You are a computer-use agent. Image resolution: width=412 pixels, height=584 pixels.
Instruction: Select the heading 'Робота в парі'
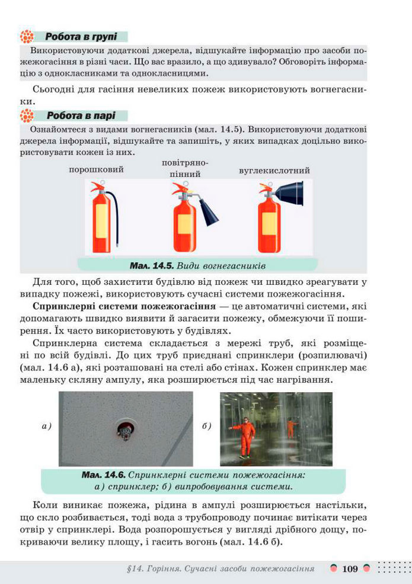pos(81,115)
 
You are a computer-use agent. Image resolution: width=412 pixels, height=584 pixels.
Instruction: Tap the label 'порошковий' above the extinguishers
pos(96,169)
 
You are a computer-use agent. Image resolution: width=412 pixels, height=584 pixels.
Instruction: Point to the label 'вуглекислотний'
pos(274,170)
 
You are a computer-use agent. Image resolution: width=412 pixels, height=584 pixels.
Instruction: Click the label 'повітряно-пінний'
pos(184,168)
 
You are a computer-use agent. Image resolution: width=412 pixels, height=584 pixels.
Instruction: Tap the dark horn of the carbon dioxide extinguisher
pos(291,194)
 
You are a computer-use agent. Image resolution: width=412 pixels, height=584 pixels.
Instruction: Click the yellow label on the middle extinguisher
pos(185,226)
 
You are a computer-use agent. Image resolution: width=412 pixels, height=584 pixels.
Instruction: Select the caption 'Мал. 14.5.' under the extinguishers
pos(151,264)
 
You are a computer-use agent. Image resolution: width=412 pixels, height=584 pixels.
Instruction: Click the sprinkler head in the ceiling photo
pos(124,432)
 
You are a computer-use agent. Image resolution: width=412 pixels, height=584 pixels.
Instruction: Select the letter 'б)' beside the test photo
pos(207,425)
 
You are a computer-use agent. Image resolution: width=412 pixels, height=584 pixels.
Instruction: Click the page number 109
pos(350,569)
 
